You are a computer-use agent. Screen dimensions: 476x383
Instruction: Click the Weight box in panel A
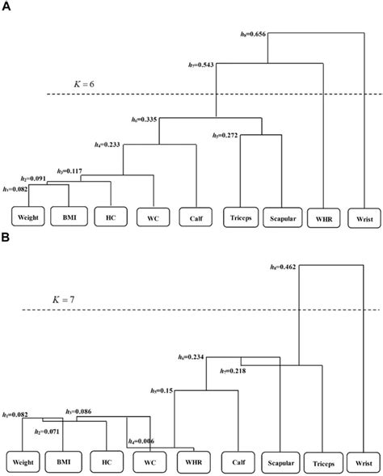pyautogui.click(x=27, y=217)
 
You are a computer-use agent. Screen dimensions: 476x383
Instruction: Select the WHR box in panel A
pyautogui.click(x=322, y=217)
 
